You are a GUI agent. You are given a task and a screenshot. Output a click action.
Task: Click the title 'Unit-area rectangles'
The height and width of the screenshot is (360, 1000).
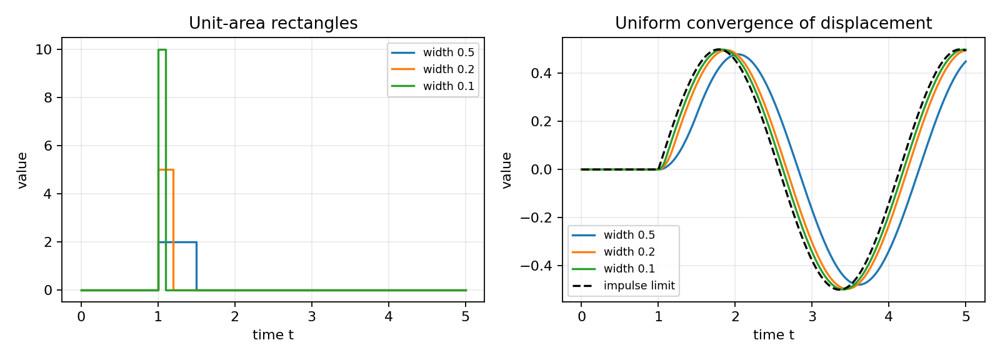[273, 23]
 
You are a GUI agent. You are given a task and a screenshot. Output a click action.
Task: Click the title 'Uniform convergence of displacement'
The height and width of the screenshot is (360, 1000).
[773, 23]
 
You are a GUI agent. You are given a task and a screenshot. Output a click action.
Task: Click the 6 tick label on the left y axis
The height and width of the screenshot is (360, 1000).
[49, 146]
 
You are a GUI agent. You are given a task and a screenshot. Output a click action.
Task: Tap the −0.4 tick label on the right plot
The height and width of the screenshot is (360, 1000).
[537, 266]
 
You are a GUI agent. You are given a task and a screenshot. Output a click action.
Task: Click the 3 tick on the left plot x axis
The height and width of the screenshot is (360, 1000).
[312, 317]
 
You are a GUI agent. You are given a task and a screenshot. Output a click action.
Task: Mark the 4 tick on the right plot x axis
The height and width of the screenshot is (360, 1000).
[889, 317]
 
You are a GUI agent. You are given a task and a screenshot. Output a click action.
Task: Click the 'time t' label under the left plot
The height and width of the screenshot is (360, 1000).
[273, 334]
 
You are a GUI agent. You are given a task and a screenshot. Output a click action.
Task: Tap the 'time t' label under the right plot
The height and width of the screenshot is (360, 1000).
[774, 334]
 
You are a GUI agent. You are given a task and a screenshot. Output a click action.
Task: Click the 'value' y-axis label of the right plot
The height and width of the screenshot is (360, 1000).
[506, 170]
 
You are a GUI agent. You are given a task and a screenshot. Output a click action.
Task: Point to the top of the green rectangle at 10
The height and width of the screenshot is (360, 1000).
[162, 49]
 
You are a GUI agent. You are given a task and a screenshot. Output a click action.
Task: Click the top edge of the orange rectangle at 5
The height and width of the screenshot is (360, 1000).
[166, 170]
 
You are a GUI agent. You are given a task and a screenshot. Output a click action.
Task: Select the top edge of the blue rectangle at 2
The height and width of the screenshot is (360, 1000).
[177, 242]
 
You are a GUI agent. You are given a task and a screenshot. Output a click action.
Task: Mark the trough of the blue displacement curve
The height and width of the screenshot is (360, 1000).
[859, 284]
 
